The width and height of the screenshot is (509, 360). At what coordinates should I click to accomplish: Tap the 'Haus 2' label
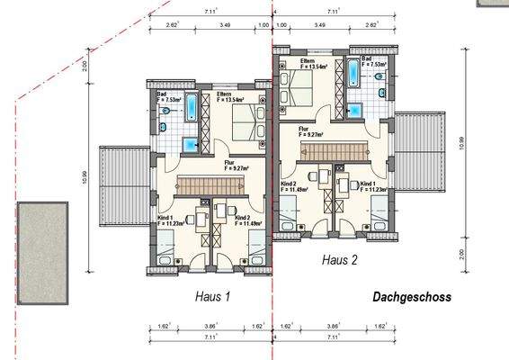click(341, 259)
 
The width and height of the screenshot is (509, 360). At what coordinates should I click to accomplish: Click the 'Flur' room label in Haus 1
click(230, 162)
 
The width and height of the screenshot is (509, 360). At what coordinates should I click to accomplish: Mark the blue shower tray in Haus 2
click(354, 110)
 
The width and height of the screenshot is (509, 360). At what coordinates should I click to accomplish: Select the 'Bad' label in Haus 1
click(162, 93)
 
